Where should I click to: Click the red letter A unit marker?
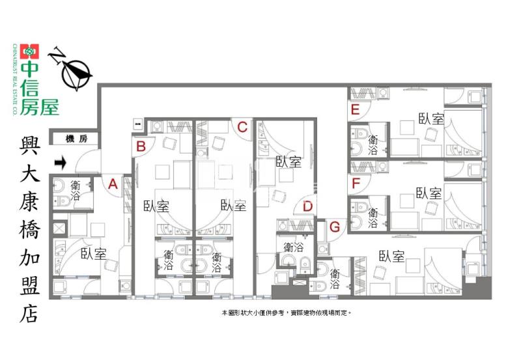[113, 184]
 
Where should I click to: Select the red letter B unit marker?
[140, 146]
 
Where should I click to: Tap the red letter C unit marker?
[242, 127]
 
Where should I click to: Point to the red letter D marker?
[308, 206]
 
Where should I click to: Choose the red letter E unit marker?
[355, 109]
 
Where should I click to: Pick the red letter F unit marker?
[355, 183]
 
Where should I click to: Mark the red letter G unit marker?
[335, 227]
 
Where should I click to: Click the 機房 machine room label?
[76, 138]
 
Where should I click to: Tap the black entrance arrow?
[61, 161]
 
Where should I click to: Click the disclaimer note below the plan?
[287, 313]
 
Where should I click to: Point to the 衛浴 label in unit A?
[75, 189]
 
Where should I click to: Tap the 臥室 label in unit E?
[431, 118]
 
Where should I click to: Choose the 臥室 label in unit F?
[429, 193]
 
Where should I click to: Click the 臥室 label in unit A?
[93, 253]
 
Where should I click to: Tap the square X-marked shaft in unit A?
[59, 228]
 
